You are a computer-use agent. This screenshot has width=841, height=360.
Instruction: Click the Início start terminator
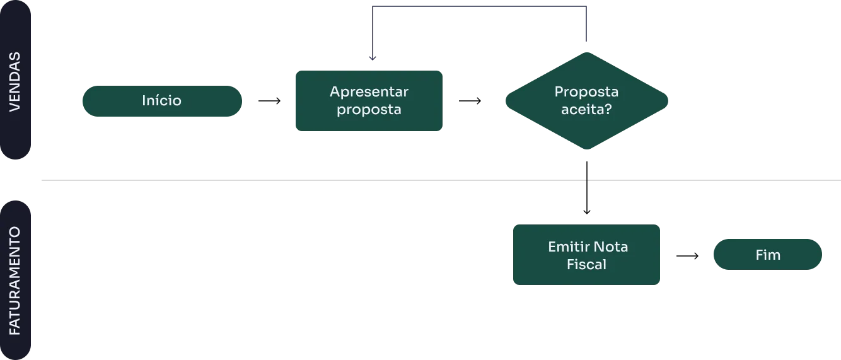point(161,101)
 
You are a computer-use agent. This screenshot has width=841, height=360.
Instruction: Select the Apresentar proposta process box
point(368,101)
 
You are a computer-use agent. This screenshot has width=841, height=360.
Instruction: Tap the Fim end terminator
point(767,255)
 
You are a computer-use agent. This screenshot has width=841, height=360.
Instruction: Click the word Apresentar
point(369,92)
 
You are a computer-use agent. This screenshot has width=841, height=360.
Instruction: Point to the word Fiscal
point(586,264)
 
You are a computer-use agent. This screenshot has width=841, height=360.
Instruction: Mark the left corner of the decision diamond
point(506,101)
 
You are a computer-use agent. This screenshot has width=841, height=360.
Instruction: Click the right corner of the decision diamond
point(670,101)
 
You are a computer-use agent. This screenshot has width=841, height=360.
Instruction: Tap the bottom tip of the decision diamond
point(587,150)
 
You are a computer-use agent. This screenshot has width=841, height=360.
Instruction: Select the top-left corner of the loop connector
point(369,7)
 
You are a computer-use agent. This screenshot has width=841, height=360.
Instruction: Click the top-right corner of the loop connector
point(588,7)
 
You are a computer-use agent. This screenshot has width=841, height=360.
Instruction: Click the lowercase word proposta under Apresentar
point(369,110)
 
